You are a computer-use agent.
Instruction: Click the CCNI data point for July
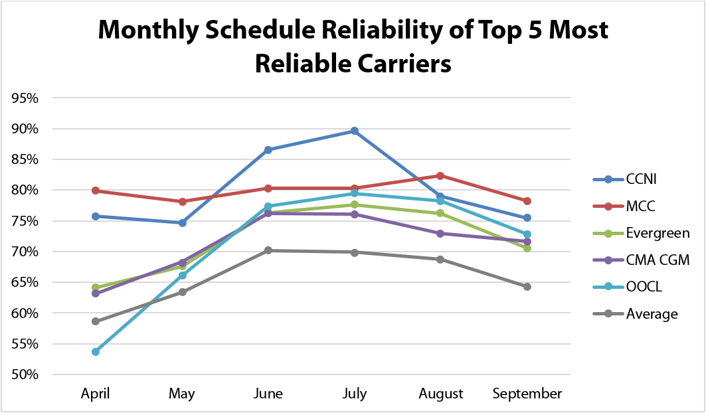coord(355,131)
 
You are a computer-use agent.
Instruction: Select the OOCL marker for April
coord(96,352)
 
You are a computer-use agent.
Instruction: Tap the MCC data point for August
coord(441,176)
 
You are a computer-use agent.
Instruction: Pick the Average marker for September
coord(527,287)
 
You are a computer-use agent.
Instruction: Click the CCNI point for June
coord(268,150)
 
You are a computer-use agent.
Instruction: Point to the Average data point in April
coord(96,321)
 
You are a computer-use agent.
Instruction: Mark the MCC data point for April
coord(96,191)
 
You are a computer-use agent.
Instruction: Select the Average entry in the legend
coord(652,314)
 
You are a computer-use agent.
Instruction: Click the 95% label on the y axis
coord(25,98)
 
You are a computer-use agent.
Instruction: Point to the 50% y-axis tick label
coord(25,374)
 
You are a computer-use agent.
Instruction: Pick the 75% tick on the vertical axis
coord(25,221)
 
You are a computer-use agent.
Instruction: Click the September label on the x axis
coord(527,394)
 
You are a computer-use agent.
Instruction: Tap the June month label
coord(268,394)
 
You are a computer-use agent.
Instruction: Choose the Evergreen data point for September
coord(527,248)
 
